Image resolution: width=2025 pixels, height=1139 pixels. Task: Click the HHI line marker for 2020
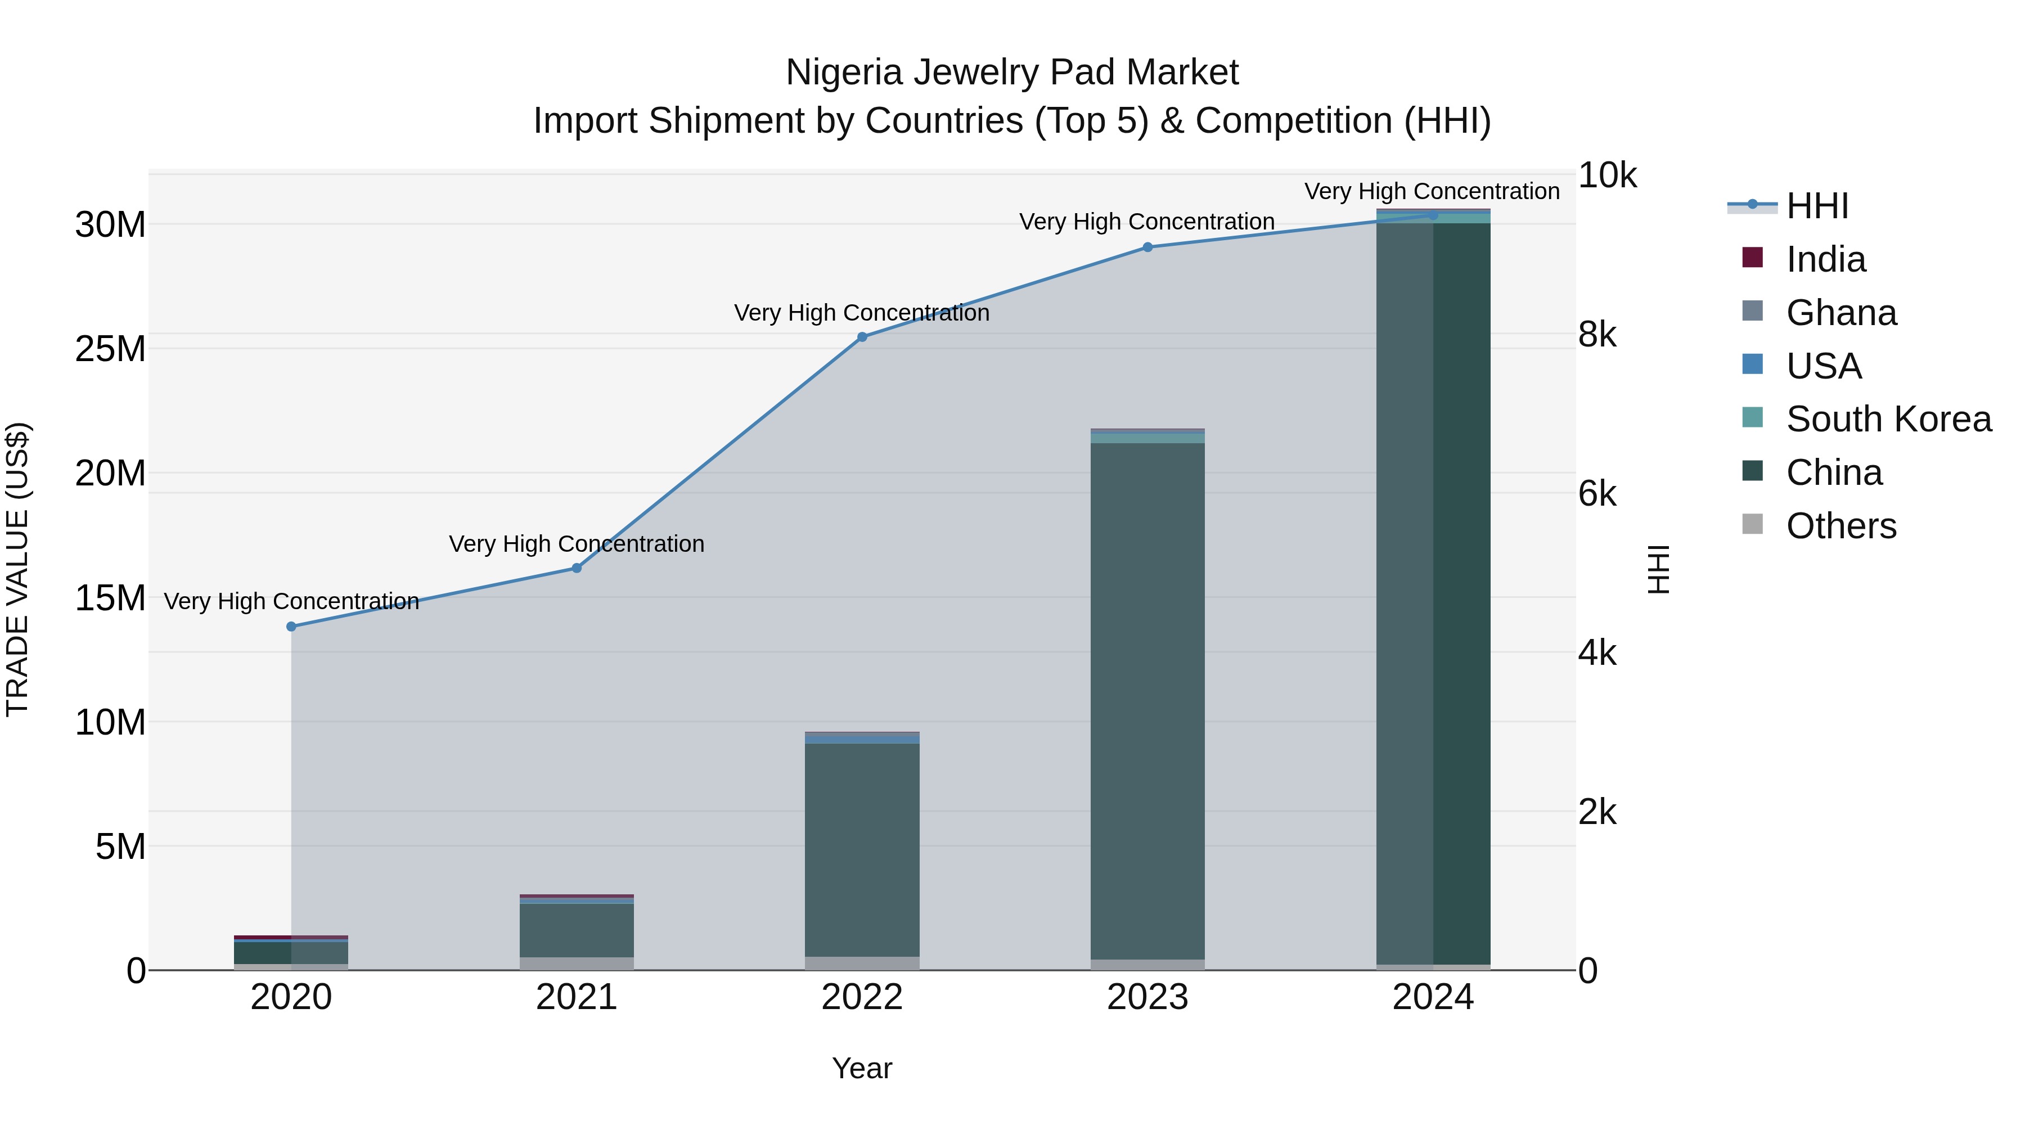point(291,627)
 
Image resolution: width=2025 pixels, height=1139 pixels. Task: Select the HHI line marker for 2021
point(576,568)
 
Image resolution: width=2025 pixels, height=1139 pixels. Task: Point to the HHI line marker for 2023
point(1147,247)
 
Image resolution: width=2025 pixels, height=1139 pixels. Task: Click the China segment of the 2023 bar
point(1147,700)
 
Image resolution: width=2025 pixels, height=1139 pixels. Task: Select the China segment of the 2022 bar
point(862,849)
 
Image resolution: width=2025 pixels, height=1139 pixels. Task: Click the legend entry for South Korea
point(1888,419)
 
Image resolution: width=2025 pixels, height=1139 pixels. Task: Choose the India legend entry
point(1825,259)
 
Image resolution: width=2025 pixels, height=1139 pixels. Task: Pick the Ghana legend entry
point(1841,313)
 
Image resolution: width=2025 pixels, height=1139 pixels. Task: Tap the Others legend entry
point(1841,526)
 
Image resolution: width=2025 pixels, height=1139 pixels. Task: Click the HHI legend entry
point(1817,206)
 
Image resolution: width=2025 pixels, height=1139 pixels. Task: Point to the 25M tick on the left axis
point(110,349)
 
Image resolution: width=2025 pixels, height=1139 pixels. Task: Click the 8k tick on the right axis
point(1596,335)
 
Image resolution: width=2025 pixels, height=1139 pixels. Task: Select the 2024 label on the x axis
point(1432,997)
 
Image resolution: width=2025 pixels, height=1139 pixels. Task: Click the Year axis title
point(862,1068)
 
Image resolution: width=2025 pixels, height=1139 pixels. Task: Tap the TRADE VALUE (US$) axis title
point(17,569)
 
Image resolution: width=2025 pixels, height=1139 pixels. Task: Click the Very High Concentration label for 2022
point(862,313)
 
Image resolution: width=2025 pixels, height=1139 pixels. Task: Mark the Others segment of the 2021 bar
point(576,963)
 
